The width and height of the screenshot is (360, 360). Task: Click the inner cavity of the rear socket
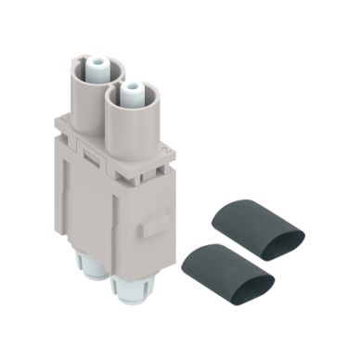pos(94,67)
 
